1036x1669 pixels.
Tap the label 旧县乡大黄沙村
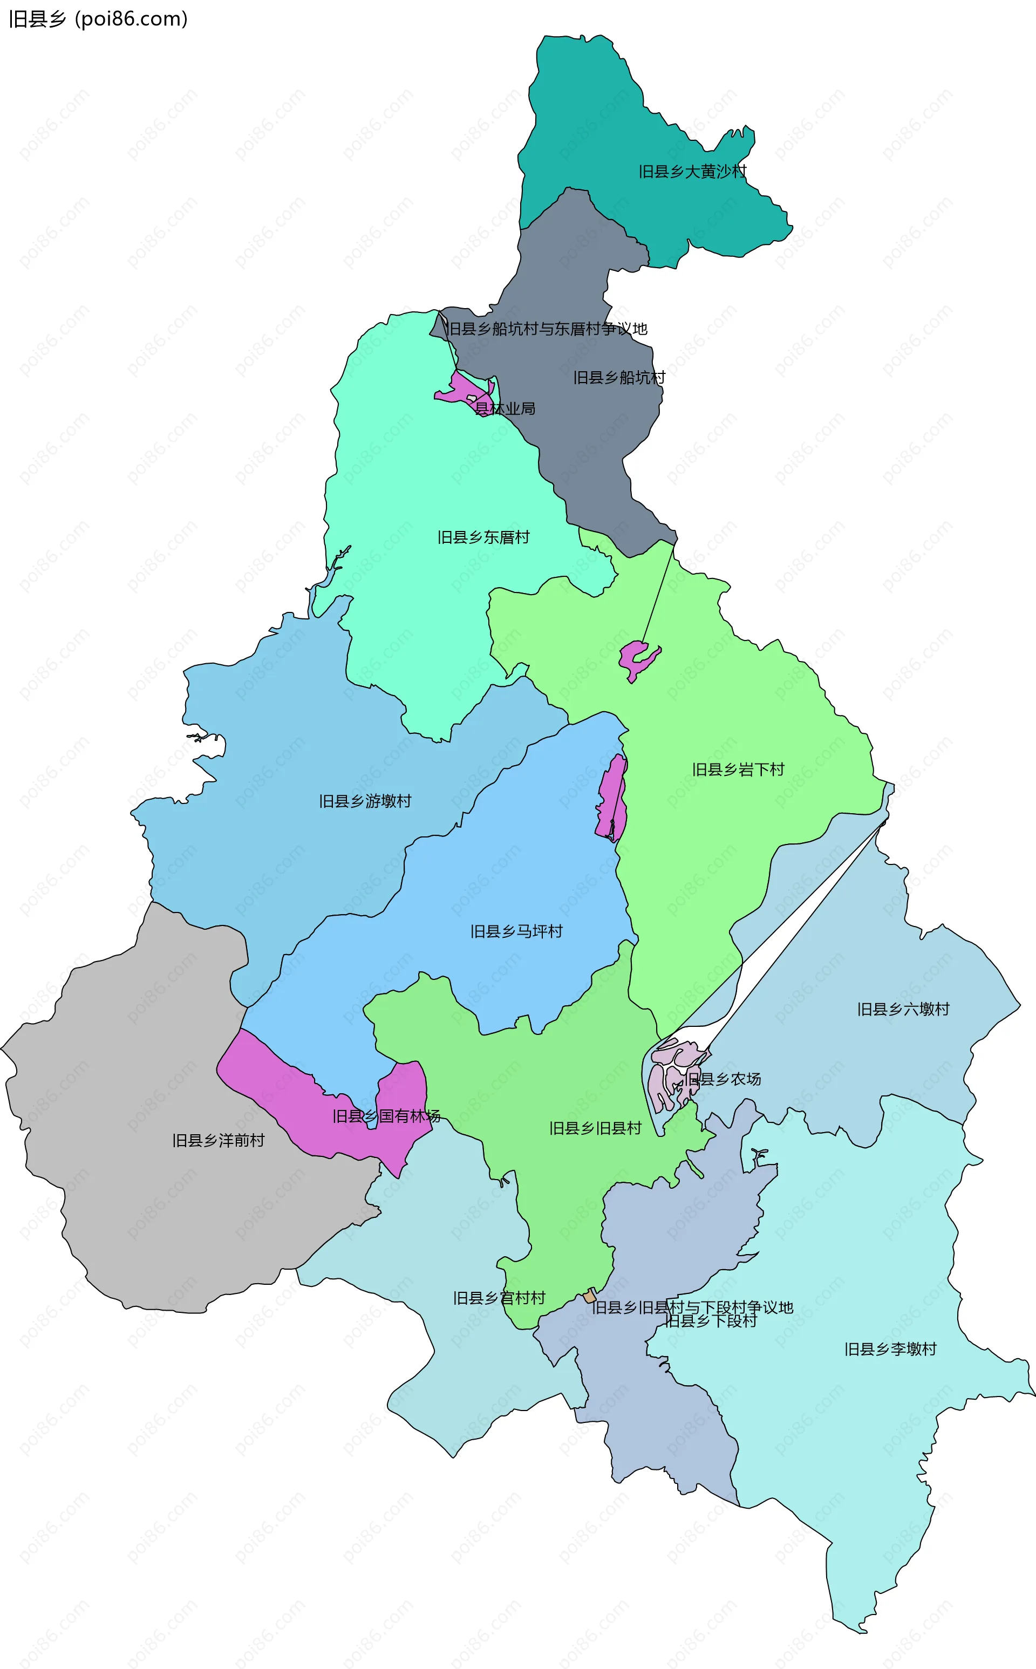(x=692, y=171)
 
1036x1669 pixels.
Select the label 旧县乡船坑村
(x=619, y=378)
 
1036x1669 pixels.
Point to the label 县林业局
(x=505, y=409)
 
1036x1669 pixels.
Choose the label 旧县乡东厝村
(x=483, y=537)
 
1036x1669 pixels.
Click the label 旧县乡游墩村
(x=365, y=801)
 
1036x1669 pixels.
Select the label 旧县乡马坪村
(x=516, y=931)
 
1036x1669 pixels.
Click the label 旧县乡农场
(x=724, y=1079)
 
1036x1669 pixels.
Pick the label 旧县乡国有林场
(x=386, y=1116)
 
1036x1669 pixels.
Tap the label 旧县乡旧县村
(x=595, y=1128)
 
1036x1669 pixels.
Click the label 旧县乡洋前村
(x=218, y=1140)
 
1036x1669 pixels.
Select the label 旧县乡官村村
(x=499, y=1298)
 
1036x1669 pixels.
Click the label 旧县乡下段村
(x=711, y=1321)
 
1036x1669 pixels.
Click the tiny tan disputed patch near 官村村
(x=590, y=1296)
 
